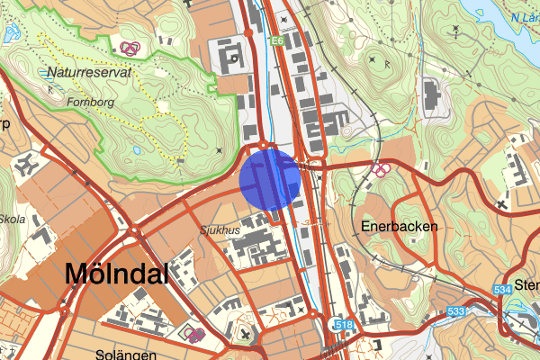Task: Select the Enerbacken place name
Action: tap(400, 227)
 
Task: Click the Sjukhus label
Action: tap(220, 231)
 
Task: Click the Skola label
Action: tap(13, 219)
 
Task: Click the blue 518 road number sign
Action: tap(343, 324)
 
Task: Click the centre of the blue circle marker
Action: tap(270, 180)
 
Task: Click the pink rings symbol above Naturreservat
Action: tap(130, 48)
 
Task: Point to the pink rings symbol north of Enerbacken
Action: tap(382, 168)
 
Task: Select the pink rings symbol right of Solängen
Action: tap(194, 334)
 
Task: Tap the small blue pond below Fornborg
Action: tap(134, 149)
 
